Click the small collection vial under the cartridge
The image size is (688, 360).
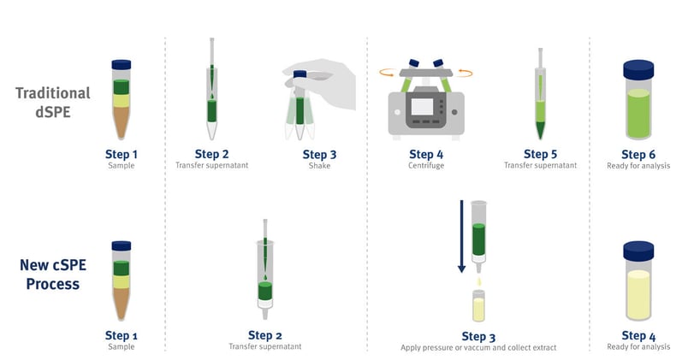[x=479, y=305]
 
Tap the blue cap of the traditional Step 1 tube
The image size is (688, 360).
[x=122, y=65]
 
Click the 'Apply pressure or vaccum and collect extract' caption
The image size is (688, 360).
[x=478, y=347]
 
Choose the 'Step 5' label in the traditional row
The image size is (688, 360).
[x=540, y=154]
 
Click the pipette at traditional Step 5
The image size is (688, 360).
[x=540, y=94]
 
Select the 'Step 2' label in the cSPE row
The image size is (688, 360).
[x=264, y=334]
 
